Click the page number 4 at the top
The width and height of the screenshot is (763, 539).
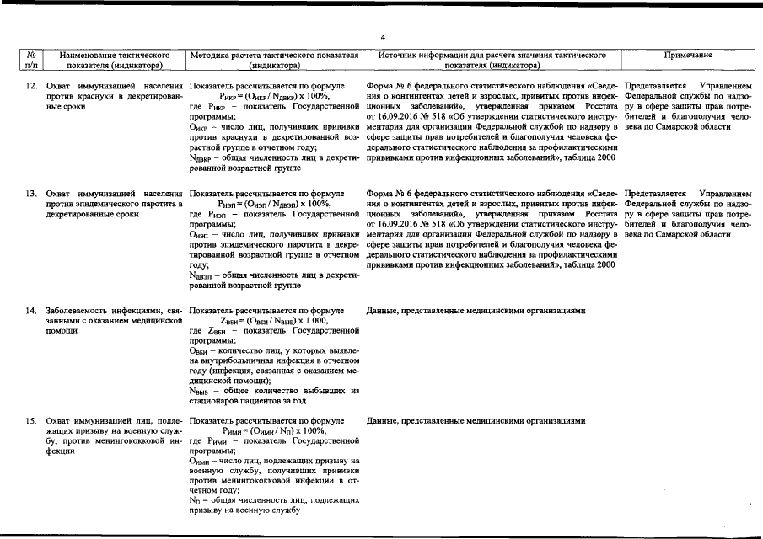pyautogui.click(x=382, y=38)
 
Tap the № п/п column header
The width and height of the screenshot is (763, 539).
pyautogui.click(x=31, y=59)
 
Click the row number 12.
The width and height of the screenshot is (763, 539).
pyautogui.click(x=30, y=87)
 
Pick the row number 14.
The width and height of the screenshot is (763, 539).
pyautogui.click(x=30, y=311)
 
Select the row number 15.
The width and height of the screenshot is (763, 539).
pyautogui.click(x=30, y=419)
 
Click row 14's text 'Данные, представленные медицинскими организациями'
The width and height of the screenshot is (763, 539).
pyautogui.click(x=476, y=311)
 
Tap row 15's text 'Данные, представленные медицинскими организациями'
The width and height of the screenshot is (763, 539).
pyautogui.click(x=476, y=419)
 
